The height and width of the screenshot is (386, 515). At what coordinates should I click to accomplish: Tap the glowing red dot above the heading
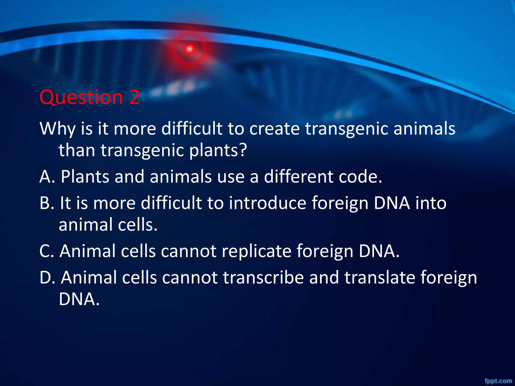tap(189, 49)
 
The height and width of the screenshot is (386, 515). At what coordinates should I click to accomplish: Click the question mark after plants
tap(242, 150)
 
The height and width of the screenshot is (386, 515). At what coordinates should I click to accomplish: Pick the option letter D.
tap(45, 277)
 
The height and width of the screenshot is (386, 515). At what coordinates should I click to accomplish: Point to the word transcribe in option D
tap(263, 277)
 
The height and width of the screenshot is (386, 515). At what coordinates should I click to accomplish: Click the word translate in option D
tap(379, 277)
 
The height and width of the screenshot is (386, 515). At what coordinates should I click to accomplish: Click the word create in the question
tap(274, 129)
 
